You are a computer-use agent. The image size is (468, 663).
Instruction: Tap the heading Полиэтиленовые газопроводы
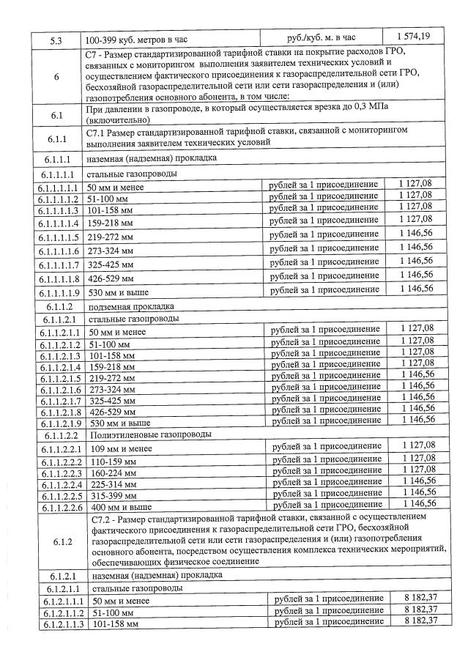(x=140, y=434)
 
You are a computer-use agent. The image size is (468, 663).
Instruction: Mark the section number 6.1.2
(x=61, y=541)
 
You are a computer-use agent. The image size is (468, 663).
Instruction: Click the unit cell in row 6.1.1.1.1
(x=324, y=185)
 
